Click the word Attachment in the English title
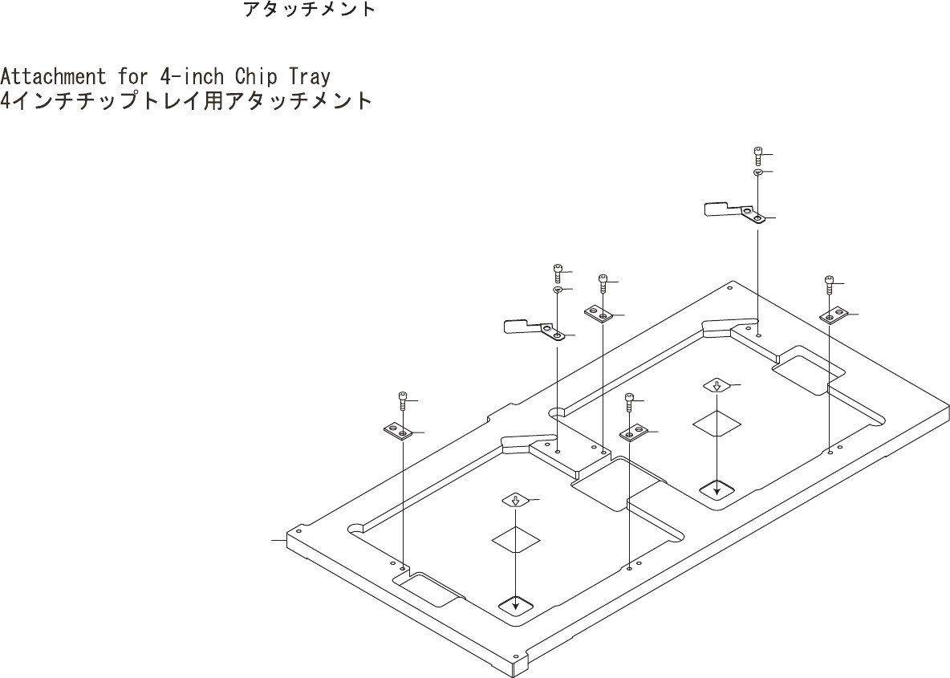click(x=53, y=77)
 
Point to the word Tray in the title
click(x=310, y=77)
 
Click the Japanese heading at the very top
click(x=309, y=10)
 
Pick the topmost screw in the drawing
click(x=758, y=155)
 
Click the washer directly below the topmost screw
click(x=758, y=173)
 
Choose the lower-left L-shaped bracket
click(x=534, y=328)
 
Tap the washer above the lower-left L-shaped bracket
click(x=557, y=289)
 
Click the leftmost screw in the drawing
click(x=403, y=400)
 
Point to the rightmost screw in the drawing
click(x=830, y=285)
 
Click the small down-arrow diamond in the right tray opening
click(x=717, y=386)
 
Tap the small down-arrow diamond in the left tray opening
click(x=515, y=500)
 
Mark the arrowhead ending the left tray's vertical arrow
click(x=515, y=606)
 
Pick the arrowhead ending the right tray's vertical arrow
click(x=717, y=489)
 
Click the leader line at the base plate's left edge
click(x=279, y=541)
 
